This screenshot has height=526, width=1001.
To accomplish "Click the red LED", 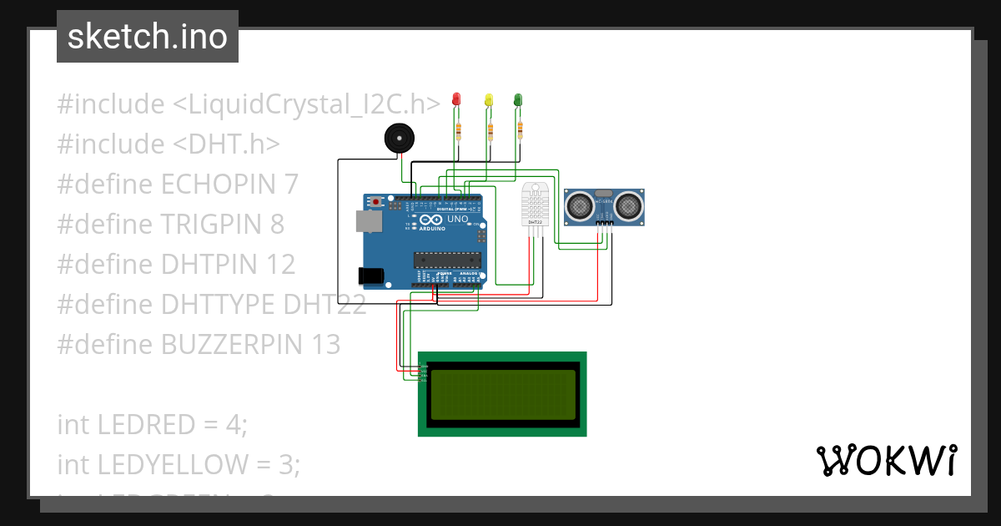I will [455, 99].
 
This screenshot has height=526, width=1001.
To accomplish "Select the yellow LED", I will [489, 99].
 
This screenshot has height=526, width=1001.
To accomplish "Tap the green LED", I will [518, 99].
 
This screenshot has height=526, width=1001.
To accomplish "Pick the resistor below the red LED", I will [458, 129].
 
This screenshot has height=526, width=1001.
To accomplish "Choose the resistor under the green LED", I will [521, 129].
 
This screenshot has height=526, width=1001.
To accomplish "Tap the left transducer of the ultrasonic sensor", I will [580, 204].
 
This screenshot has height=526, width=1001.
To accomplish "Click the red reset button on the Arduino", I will [377, 202].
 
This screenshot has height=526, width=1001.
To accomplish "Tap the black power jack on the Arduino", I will [370, 275].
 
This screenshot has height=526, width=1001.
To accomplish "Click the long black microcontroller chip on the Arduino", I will [448, 261].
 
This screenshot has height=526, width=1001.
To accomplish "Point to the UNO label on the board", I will [457, 220].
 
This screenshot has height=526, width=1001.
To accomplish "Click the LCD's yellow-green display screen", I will [503, 394].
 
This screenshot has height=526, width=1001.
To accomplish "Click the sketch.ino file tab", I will [148, 37].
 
